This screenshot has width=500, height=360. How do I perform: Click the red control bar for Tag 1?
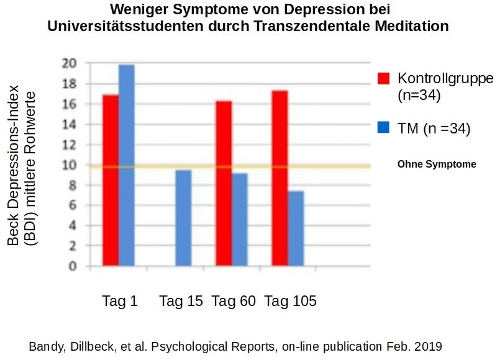(111, 181)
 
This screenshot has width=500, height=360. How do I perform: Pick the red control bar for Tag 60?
(224, 184)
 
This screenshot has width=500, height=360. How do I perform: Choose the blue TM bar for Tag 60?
(239, 220)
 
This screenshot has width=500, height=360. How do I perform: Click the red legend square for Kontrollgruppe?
(384, 79)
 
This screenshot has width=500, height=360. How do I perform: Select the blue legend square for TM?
(384, 128)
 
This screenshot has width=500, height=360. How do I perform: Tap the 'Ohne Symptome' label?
(437, 164)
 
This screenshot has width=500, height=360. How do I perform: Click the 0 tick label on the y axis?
(72, 267)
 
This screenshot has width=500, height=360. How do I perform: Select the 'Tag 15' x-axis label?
(181, 302)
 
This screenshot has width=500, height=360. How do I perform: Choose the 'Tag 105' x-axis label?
(290, 302)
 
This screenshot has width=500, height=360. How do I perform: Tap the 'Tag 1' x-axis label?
(120, 302)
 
